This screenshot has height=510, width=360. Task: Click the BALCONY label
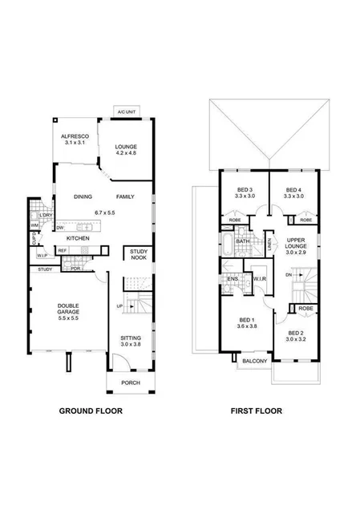250,362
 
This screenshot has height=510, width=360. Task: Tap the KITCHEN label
78,239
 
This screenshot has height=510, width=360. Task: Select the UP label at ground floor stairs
121,306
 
